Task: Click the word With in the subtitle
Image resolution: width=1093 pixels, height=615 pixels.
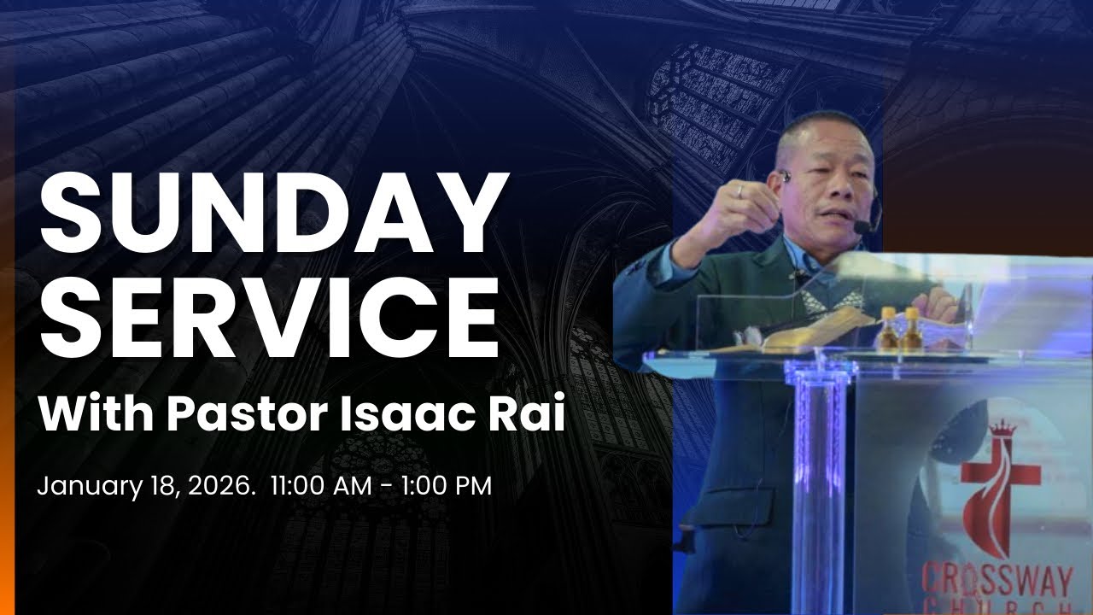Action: point(95,416)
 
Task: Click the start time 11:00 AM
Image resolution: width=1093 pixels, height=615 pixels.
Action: point(321,487)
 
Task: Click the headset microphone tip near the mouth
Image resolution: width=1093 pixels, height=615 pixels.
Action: point(862,226)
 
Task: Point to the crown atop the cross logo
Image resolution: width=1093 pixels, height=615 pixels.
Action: point(1000,428)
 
